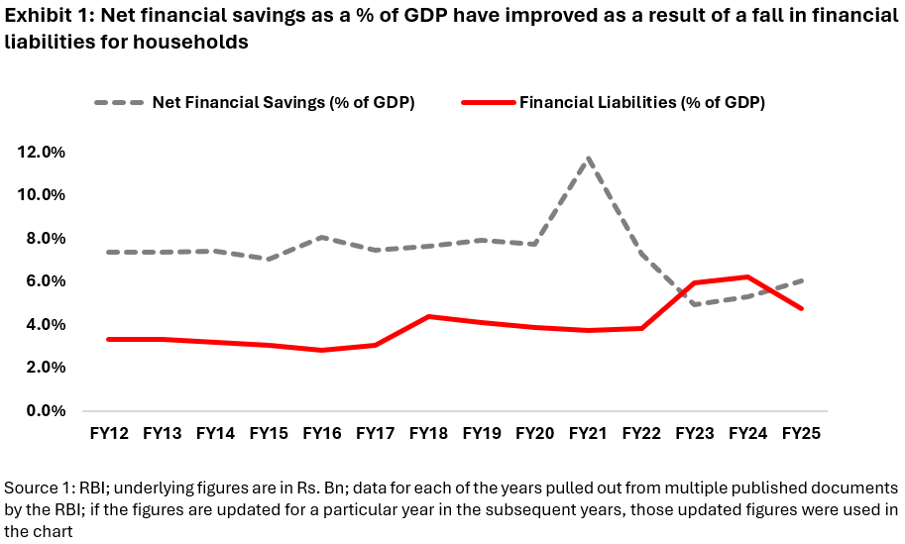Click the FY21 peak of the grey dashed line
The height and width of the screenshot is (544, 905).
589,158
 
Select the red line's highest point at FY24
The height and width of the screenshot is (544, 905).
748,276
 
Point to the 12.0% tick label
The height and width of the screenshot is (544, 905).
40,152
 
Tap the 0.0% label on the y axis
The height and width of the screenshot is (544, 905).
44,410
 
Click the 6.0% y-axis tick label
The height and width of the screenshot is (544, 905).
44,281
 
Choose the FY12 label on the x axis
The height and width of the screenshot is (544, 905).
108,433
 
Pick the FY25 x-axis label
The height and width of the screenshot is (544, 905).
801,433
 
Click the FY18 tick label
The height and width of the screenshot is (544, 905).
428,433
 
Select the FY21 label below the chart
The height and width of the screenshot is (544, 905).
589,433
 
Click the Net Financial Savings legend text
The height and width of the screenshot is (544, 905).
283,102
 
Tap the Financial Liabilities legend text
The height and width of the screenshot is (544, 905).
642,102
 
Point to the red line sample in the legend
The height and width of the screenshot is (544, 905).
489,102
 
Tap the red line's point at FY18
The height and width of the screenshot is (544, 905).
428,316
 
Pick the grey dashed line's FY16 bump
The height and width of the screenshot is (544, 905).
321,237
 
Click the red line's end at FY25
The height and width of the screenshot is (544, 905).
801,308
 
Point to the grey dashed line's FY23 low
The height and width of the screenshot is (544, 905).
695,304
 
